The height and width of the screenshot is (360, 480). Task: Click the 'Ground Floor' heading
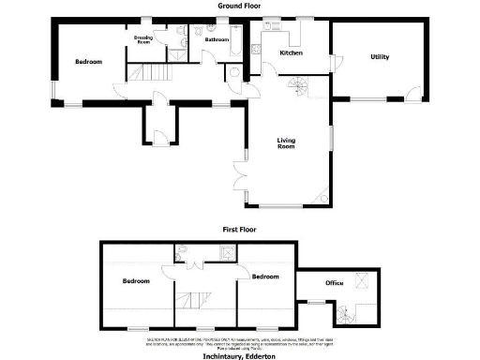[239, 5]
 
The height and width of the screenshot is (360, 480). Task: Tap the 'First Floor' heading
[239, 229]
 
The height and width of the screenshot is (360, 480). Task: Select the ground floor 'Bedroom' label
[89, 62]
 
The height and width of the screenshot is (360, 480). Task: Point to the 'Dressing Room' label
[143, 39]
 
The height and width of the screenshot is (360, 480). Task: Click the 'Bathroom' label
[217, 40]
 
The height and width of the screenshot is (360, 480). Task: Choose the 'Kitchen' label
[292, 53]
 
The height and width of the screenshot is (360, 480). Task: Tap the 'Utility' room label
[380, 57]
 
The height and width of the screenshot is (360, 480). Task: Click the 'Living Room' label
[286, 143]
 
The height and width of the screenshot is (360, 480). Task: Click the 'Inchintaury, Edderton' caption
[240, 355]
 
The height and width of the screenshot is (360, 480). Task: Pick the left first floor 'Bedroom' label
[137, 281]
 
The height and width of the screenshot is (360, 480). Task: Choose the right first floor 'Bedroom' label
[265, 277]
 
